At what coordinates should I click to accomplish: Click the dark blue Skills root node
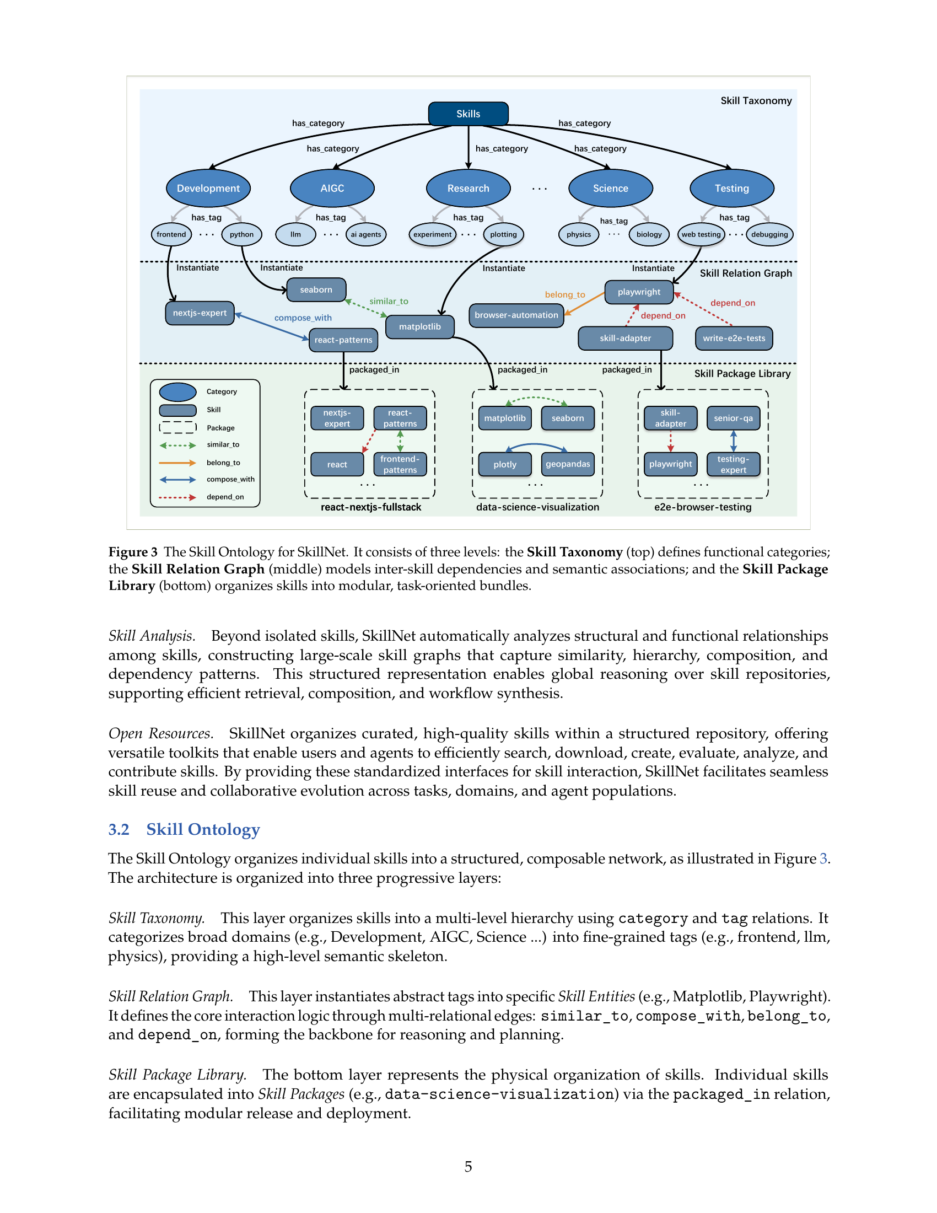tap(468, 114)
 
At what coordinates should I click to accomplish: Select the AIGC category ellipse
tap(332, 188)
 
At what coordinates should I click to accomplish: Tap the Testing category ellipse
tap(731, 188)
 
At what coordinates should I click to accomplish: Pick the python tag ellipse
tap(241, 234)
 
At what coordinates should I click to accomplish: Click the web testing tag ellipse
tap(701, 234)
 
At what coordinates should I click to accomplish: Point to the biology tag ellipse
tap(649, 234)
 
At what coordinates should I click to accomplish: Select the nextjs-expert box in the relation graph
tap(200, 313)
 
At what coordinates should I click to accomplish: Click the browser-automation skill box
tap(516, 315)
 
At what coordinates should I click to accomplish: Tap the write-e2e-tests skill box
tap(734, 338)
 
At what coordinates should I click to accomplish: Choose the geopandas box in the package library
tap(568, 464)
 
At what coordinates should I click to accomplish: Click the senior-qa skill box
tap(733, 418)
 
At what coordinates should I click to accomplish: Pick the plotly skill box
tap(505, 464)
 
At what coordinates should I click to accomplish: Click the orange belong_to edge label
tap(565, 295)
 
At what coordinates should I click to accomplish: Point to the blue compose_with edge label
tap(303, 318)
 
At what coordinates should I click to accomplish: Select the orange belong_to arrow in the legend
tap(177, 463)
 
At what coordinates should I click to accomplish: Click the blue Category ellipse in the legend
tap(177, 392)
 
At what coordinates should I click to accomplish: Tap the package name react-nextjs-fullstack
tap(371, 507)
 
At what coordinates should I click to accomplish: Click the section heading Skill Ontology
tap(203, 829)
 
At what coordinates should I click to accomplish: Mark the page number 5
tap(468, 1166)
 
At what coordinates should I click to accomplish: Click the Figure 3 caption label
tap(133, 552)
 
